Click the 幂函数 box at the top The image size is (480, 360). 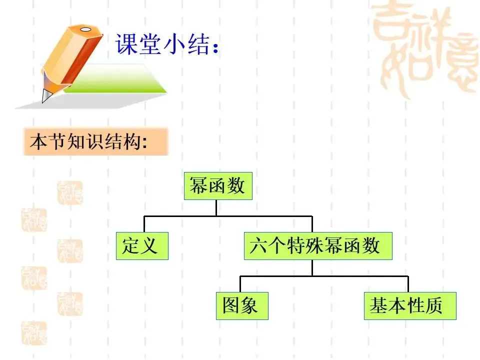click(x=217, y=186)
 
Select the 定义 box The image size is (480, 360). click(x=142, y=245)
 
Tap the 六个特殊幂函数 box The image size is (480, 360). click(x=317, y=245)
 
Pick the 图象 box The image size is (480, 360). click(x=242, y=305)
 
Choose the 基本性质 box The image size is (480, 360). click(x=409, y=305)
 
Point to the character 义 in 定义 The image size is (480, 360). click(x=151, y=245)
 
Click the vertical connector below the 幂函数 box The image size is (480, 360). click(x=216, y=207)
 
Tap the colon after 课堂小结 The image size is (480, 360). click(x=215, y=47)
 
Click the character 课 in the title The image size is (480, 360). click(x=126, y=44)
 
